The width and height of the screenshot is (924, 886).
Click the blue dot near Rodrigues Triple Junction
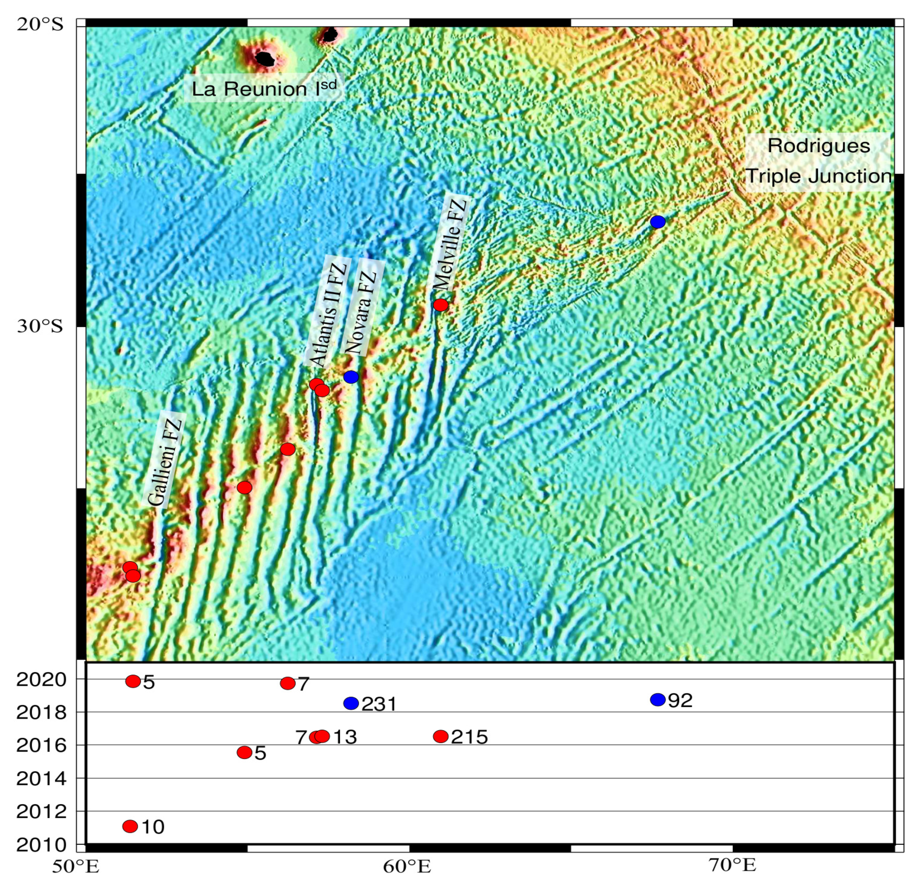click(x=657, y=222)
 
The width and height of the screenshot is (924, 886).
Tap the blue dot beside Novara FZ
click(x=351, y=377)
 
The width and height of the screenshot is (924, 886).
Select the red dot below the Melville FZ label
click(x=440, y=305)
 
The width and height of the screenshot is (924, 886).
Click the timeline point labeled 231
click(x=351, y=703)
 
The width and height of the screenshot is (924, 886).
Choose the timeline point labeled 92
click(x=657, y=700)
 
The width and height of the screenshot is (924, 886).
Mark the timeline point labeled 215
click(x=440, y=736)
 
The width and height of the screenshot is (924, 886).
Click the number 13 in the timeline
click(x=345, y=737)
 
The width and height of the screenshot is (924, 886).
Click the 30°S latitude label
click(x=40, y=326)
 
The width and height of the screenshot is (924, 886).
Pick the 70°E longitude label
click(x=732, y=866)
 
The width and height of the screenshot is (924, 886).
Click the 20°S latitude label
click(x=40, y=25)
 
